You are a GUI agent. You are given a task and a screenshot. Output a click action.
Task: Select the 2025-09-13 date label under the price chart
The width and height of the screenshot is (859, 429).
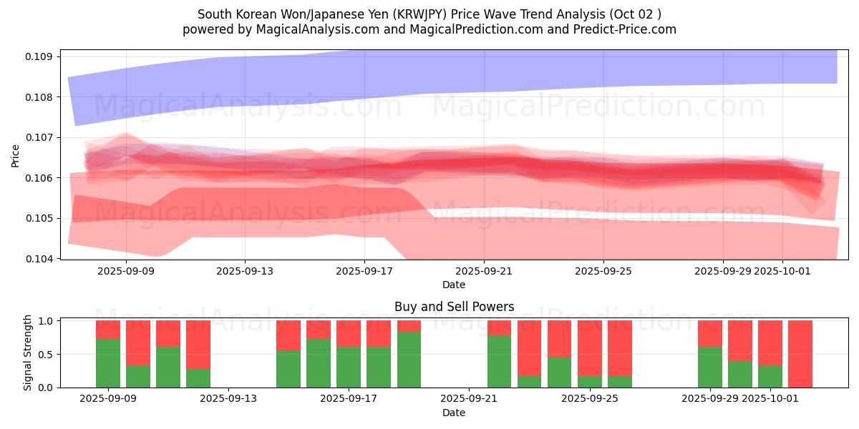(245, 271)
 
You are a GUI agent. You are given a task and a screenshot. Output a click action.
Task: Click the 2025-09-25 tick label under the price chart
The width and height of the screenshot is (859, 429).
(603, 271)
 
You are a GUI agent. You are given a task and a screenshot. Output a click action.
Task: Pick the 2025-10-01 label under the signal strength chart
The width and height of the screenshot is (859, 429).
(782, 399)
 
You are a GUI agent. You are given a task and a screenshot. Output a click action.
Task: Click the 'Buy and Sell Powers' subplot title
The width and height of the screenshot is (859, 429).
(454, 307)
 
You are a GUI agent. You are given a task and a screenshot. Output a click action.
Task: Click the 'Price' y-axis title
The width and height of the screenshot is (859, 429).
(16, 155)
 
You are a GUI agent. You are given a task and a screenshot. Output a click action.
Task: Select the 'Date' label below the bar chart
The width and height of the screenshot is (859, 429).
(454, 413)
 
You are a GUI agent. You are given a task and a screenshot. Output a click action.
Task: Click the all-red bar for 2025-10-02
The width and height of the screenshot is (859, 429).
(800, 354)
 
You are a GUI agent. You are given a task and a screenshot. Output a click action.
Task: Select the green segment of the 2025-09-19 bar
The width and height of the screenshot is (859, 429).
(409, 360)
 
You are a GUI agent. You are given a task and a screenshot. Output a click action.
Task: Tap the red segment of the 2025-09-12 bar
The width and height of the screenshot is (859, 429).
(198, 344)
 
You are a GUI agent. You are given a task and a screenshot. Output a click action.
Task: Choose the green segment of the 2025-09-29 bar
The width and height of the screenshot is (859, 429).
(710, 368)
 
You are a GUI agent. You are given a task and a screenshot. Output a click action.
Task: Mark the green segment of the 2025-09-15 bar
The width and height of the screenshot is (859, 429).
(288, 369)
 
